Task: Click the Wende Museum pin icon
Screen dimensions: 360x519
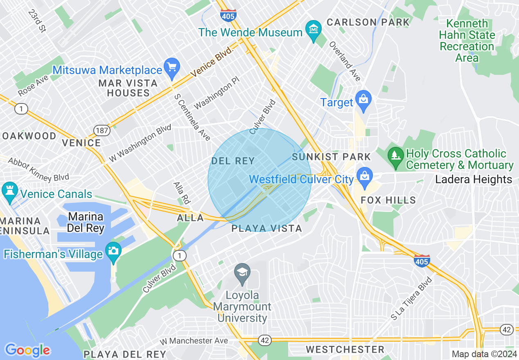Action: [314, 30]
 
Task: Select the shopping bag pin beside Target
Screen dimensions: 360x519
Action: [363, 99]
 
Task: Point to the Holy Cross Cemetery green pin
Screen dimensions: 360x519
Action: [395, 157]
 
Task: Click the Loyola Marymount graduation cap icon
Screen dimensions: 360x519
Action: [242, 272]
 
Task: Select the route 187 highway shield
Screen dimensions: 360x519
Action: [101, 130]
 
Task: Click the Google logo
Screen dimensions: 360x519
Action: [27, 350]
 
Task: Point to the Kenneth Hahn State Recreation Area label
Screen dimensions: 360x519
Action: [467, 40]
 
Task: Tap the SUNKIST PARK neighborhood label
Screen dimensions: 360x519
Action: [332, 157]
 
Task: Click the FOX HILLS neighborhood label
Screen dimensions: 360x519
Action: [388, 200]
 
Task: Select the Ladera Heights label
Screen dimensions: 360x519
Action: [474, 179]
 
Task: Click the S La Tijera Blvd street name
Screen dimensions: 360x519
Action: [411, 299]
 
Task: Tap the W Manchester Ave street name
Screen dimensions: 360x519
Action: [194, 341]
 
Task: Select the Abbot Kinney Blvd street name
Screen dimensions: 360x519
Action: [38, 170]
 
